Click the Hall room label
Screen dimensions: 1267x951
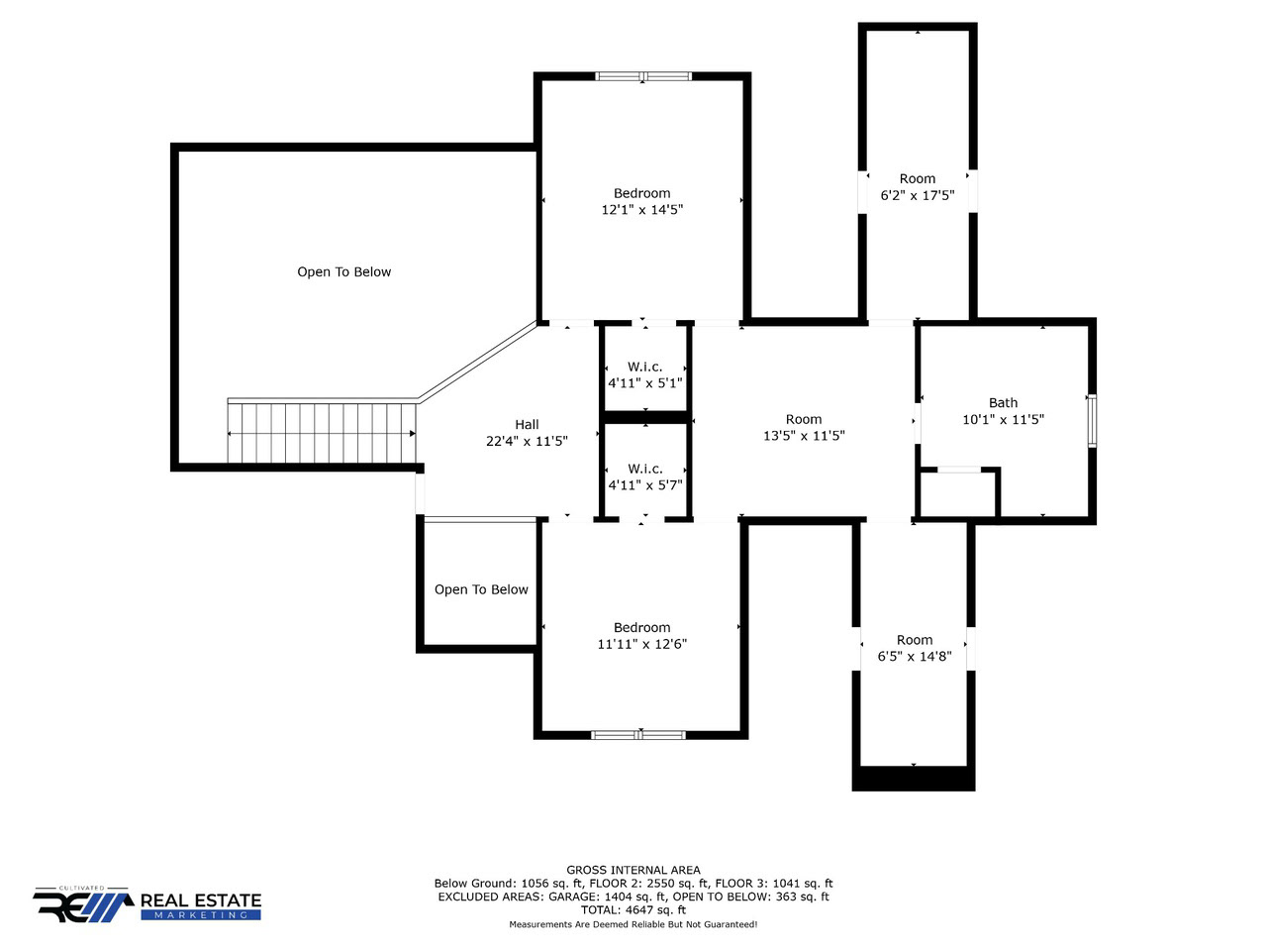pyautogui.click(x=527, y=424)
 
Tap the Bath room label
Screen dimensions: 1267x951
pyautogui.click(x=1003, y=402)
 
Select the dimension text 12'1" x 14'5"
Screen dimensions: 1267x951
pyautogui.click(x=641, y=209)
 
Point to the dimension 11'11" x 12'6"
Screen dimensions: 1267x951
pyautogui.click(x=641, y=643)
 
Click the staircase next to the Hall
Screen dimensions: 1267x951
pyautogui.click(x=322, y=430)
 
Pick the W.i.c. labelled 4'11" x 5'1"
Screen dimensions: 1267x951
pyautogui.click(x=644, y=367)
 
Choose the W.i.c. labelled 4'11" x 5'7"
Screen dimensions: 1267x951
pyautogui.click(x=644, y=469)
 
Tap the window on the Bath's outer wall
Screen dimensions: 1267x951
pyautogui.click(x=1092, y=420)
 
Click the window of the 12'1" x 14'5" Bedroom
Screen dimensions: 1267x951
pyautogui.click(x=643, y=76)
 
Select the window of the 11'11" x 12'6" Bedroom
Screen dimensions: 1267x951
pyautogui.click(x=638, y=735)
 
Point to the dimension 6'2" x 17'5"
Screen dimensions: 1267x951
pyautogui.click(x=918, y=195)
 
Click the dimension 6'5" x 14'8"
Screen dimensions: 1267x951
pyautogui.click(x=915, y=656)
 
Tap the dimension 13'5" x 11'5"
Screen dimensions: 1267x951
pyautogui.click(x=804, y=435)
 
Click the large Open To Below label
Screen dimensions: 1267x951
pyautogui.click(x=344, y=272)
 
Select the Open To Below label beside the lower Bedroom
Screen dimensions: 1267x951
pyautogui.click(x=481, y=589)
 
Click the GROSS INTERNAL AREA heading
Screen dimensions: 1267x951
pyautogui.click(x=633, y=870)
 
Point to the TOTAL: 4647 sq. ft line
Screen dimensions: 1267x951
pyautogui.click(x=633, y=910)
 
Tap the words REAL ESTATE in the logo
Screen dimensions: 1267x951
pyautogui.click(x=201, y=900)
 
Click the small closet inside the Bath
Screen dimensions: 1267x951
pyautogui.click(x=958, y=493)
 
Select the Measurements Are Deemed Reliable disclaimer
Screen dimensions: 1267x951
pyautogui.click(x=633, y=924)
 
